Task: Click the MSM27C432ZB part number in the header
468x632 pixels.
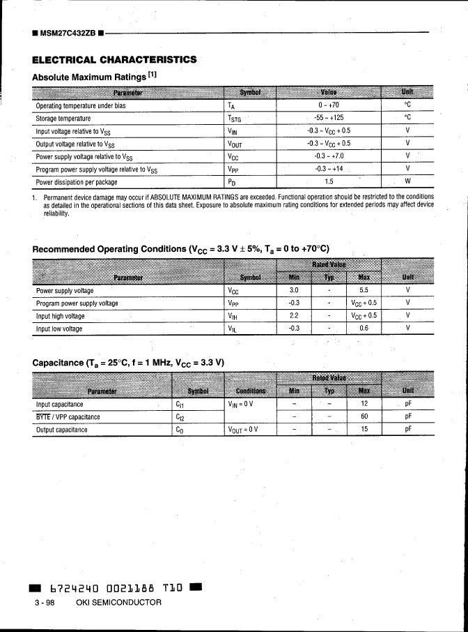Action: pos(68,32)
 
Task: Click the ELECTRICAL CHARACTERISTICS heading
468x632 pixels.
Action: pos(114,59)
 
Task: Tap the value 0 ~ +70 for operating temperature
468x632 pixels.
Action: pos(329,106)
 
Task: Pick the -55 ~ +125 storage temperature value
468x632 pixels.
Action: pos(329,119)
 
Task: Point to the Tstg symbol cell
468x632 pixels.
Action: pos(234,119)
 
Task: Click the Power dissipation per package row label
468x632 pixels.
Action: pos(77,182)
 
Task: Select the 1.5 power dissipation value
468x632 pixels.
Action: pos(329,182)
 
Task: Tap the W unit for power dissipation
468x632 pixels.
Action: pos(408,182)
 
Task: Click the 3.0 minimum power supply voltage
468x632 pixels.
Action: pos(294,290)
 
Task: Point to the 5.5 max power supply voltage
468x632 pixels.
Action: pos(364,290)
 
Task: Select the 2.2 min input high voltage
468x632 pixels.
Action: pos(294,315)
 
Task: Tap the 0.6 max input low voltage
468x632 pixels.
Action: pos(364,328)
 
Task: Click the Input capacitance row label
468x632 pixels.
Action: pos(60,404)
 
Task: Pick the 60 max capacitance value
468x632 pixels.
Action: pos(364,417)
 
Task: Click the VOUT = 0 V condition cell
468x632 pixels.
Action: pos(242,430)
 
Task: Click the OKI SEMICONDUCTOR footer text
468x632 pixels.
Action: pos(118,602)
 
